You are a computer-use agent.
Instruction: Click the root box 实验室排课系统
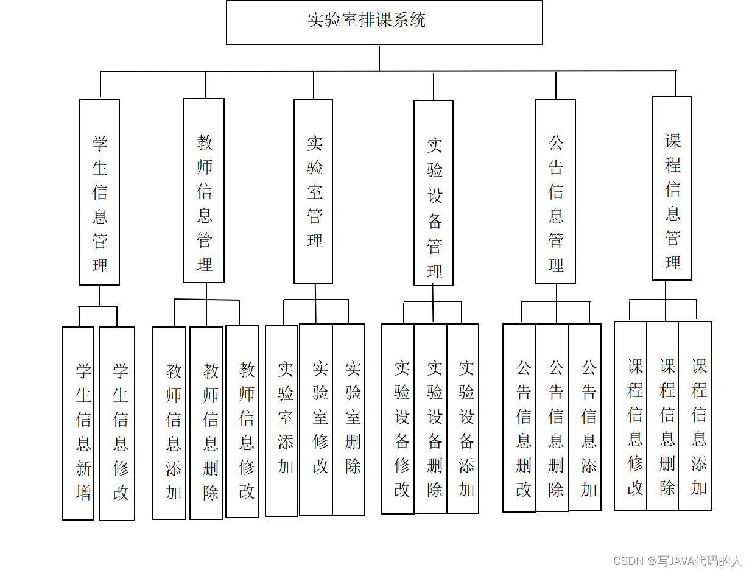(x=384, y=22)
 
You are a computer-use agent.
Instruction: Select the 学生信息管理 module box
(x=99, y=192)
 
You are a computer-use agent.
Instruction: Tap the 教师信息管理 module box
(x=204, y=191)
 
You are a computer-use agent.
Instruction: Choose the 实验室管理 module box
(x=313, y=191)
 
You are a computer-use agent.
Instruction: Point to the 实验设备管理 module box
(x=434, y=193)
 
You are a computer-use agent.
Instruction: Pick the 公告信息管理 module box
(x=555, y=191)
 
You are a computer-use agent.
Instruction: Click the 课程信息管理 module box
(x=672, y=189)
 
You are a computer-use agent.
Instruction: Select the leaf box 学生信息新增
(x=78, y=423)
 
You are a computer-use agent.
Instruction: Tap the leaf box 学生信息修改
(x=118, y=423)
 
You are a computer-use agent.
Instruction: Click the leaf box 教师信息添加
(x=169, y=423)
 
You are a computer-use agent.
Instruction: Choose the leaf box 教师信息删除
(x=206, y=423)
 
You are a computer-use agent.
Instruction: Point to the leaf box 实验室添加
(x=282, y=420)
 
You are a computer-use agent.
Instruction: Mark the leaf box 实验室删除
(x=349, y=420)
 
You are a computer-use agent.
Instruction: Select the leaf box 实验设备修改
(x=398, y=418)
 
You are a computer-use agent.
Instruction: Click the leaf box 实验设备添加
(x=463, y=418)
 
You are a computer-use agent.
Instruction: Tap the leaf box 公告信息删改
(x=519, y=417)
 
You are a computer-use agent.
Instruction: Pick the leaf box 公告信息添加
(x=585, y=417)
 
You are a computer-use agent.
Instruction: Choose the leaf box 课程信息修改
(x=631, y=416)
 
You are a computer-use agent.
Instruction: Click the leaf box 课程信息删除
(x=663, y=416)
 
